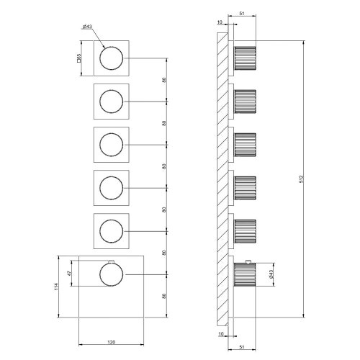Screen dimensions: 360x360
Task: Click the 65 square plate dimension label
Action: click(x=79, y=58)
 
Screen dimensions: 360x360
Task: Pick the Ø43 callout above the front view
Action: click(x=86, y=27)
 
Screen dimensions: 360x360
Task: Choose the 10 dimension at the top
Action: click(x=220, y=22)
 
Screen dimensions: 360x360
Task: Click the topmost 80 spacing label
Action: click(x=165, y=79)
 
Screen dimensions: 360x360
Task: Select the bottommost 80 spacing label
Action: click(x=165, y=295)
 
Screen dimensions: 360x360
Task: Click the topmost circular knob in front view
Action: click(x=111, y=58)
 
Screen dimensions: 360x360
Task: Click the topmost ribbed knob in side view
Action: click(x=245, y=58)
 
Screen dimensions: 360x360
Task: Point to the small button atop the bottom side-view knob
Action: click(x=247, y=260)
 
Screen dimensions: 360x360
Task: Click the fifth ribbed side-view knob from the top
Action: click(x=245, y=230)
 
